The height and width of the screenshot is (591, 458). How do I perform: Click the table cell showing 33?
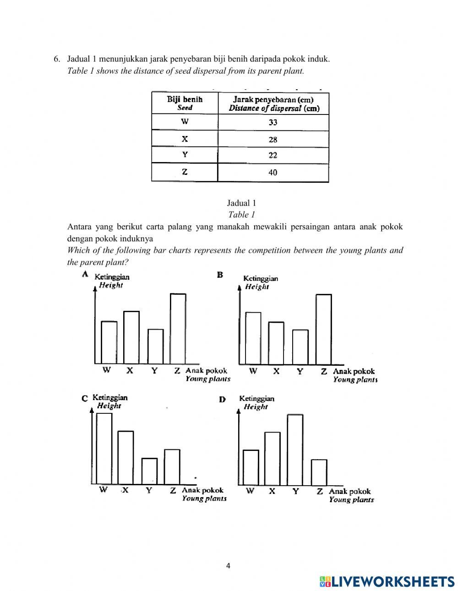click(273, 122)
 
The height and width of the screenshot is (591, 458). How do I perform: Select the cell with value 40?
click(273, 173)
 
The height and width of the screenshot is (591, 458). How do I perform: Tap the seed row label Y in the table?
click(185, 155)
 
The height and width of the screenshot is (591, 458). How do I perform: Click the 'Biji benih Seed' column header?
click(185, 103)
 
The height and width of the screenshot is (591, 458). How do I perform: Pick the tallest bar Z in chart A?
click(178, 328)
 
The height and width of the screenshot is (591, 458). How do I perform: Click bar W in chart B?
click(253, 338)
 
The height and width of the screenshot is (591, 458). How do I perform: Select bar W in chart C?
click(104, 449)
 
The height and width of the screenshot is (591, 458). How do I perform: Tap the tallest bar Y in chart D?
click(295, 450)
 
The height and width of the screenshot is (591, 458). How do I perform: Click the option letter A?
click(85, 274)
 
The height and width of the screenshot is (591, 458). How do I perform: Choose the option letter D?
click(222, 399)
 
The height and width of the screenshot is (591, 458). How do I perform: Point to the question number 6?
click(57, 59)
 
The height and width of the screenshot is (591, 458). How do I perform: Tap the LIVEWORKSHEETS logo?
click(387, 581)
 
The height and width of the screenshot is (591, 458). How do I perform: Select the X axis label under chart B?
click(276, 371)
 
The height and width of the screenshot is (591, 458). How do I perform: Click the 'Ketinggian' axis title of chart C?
click(110, 397)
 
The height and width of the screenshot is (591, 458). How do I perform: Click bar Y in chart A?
click(155, 346)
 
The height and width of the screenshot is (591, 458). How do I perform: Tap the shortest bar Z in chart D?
click(319, 472)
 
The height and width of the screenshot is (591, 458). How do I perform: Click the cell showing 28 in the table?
click(273, 140)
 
